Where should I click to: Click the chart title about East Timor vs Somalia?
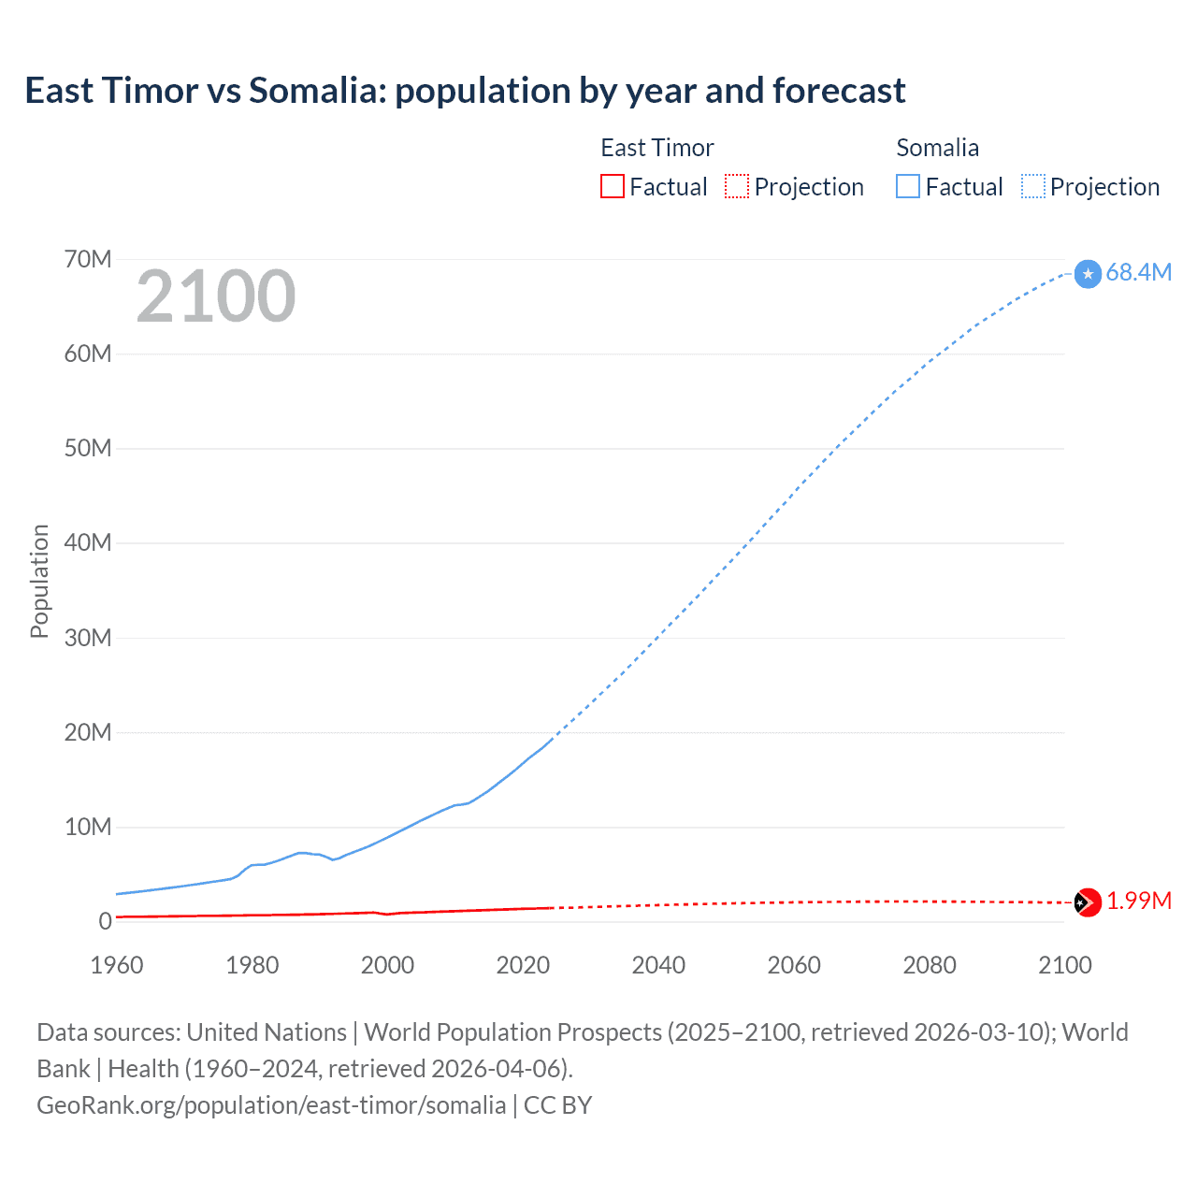pos(465,91)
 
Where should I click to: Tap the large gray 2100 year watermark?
pos(216,296)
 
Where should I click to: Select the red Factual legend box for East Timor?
pos(612,186)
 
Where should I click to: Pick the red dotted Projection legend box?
pos(737,186)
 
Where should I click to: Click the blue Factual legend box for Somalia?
pos(907,186)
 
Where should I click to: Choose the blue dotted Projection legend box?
pos(1033,186)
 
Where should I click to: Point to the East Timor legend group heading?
pos(656,148)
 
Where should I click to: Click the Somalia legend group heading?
pos(937,148)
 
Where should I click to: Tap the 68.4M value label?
pos(1138,272)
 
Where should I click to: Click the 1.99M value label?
pos(1138,901)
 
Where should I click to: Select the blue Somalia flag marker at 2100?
pos(1088,274)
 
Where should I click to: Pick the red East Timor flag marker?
pos(1088,902)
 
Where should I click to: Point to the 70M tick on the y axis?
pos(88,259)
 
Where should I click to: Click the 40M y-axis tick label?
pos(88,542)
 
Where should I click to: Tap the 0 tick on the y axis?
pos(105,921)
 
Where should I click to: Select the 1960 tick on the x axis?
pos(117,965)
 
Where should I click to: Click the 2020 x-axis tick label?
pos(523,965)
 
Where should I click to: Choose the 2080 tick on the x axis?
pos(930,965)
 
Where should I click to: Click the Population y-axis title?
pos(39,581)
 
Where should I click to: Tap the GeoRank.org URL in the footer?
pos(271,1105)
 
